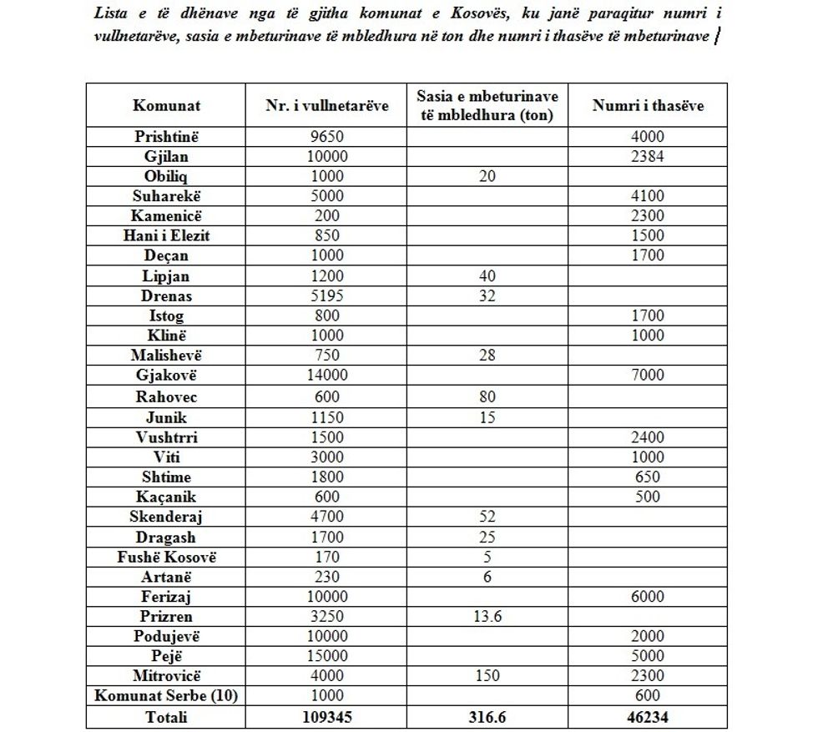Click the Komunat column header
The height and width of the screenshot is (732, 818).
click(x=166, y=106)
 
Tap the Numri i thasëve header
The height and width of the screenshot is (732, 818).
click(x=648, y=106)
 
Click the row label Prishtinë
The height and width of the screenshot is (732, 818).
click(x=166, y=136)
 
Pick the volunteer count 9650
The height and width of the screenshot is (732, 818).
click(x=326, y=136)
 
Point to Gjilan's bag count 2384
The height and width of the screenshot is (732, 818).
click(x=648, y=156)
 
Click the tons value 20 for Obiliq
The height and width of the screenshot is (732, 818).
click(x=487, y=176)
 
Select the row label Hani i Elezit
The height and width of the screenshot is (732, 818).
click(x=166, y=235)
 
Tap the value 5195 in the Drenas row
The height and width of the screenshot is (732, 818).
click(x=326, y=295)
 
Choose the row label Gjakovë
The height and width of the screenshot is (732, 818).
click(x=166, y=375)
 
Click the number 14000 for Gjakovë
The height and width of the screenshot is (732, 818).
click(x=326, y=375)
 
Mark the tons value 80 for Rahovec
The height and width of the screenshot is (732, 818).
click(x=487, y=397)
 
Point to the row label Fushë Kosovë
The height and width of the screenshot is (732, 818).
click(x=166, y=557)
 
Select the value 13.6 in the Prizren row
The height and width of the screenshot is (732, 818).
click(x=487, y=617)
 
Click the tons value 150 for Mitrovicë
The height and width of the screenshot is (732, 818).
click(x=487, y=676)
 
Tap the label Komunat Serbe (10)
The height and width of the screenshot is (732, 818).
click(x=166, y=696)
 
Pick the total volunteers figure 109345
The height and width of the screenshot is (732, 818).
click(x=326, y=717)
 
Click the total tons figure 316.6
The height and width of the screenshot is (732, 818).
click(x=487, y=717)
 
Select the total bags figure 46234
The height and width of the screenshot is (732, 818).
click(x=648, y=717)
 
